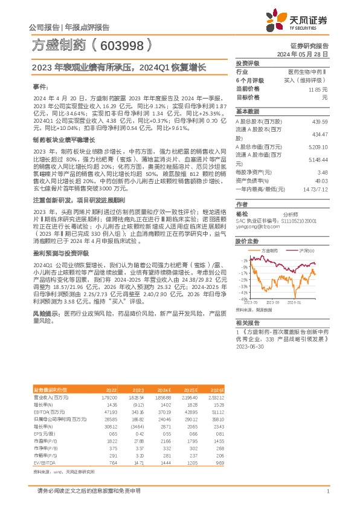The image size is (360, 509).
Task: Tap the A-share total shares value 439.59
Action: point(320,122)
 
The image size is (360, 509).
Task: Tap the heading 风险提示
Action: point(44,314)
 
